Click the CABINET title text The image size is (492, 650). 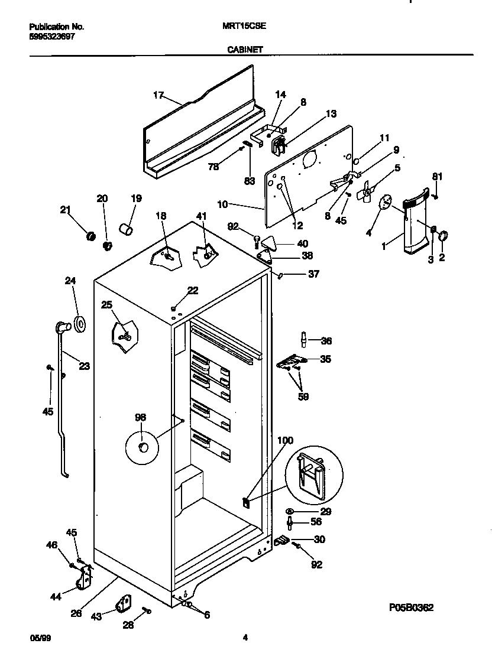pyautogui.click(x=245, y=50)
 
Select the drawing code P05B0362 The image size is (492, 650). pyautogui.click(x=411, y=607)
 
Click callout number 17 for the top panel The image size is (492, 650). pyautogui.click(x=158, y=95)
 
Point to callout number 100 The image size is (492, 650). pyautogui.click(x=285, y=441)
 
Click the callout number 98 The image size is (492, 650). pyautogui.click(x=140, y=418)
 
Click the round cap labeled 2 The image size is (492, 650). pyautogui.click(x=443, y=236)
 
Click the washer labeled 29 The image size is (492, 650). pyautogui.click(x=290, y=511)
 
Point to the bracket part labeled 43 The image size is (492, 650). pyautogui.click(x=124, y=604)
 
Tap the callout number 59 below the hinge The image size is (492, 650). pyautogui.click(x=302, y=396)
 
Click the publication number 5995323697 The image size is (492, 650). pyautogui.click(x=52, y=36)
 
